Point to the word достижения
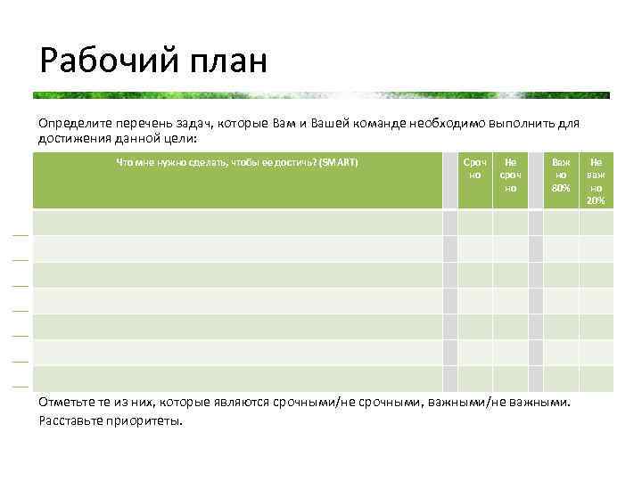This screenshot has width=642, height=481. click(x=75, y=138)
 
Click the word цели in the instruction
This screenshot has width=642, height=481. click(x=176, y=138)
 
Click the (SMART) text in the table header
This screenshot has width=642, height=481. click(x=340, y=162)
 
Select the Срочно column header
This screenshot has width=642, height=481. click(x=475, y=168)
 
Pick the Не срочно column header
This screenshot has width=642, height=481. click(x=510, y=175)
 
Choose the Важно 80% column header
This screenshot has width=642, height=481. click(x=561, y=175)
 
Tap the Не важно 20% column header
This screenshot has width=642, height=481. click(x=596, y=181)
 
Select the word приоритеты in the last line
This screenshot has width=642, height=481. click(x=148, y=420)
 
